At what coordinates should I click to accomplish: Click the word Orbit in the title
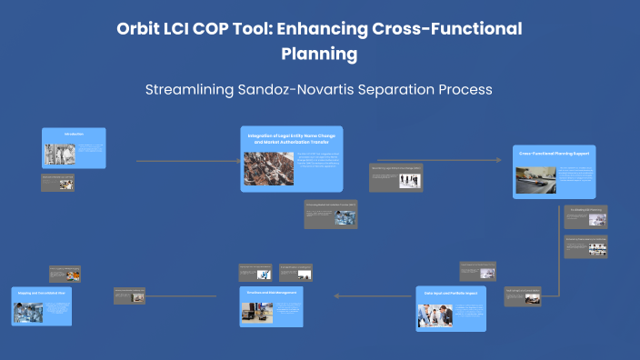click(x=139, y=29)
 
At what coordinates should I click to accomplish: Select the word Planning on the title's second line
click(x=319, y=54)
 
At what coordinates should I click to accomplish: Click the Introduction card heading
click(x=74, y=135)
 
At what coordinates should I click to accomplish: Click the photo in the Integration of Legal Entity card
click(x=267, y=168)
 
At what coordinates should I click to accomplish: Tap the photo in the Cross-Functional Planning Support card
click(x=535, y=179)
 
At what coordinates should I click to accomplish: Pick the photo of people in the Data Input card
click(x=434, y=314)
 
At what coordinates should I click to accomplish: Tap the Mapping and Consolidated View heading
click(x=41, y=293)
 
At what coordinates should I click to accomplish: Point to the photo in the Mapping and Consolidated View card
click(x=27, y=312)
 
